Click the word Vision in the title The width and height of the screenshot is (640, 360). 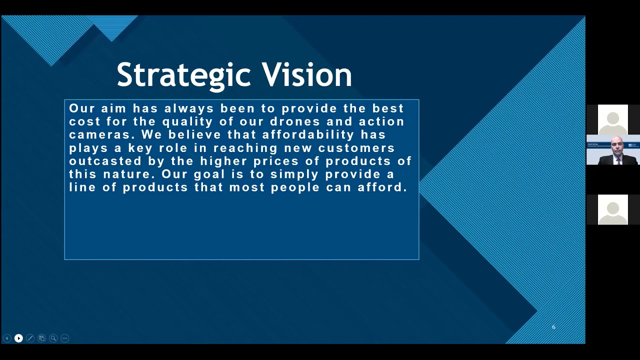[307, 75]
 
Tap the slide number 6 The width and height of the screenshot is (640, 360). [553, 327]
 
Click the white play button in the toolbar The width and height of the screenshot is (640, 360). [18, 338]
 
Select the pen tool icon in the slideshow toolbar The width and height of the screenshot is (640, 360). [30, 338]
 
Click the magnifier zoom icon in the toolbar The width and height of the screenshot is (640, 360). [53, 338]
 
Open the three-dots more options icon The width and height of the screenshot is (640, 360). [64, 338]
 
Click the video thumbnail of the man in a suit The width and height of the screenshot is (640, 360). [612, 150]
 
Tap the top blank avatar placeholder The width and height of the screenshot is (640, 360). [612, 119]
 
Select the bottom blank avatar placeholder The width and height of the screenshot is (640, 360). [612, 209]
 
